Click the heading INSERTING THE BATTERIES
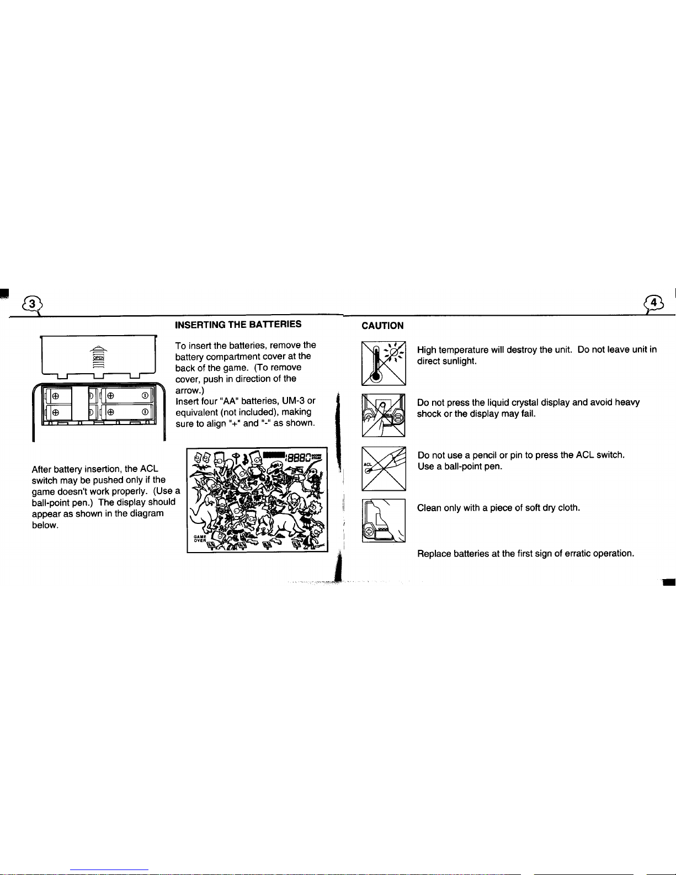tap(238, 324)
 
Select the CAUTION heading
tap(382, 326)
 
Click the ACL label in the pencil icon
tap(366, 464)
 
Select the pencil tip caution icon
tap(384, 468)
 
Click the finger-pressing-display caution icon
tap(384, 415)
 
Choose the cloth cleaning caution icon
tap(384, 520)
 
